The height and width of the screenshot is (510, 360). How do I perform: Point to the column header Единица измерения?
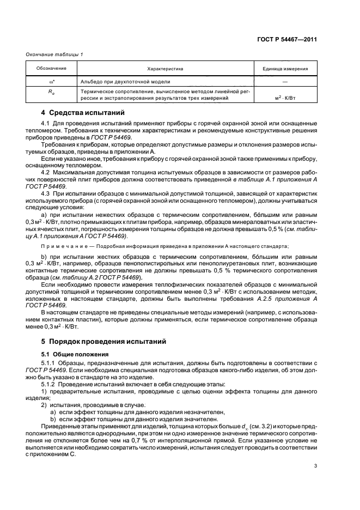click(x=285, y=69)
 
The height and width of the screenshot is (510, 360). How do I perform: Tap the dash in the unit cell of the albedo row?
click(x=285, y=81)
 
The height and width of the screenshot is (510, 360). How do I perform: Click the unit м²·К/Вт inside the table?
click(x=285, y=99)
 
